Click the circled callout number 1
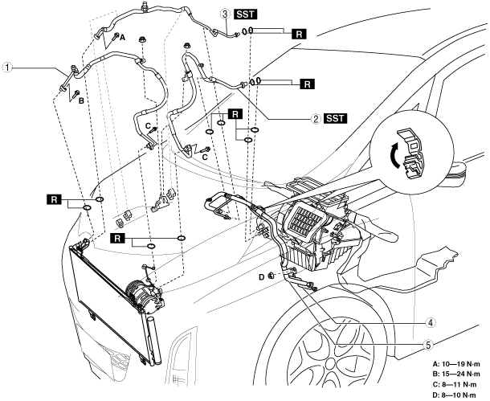(x=7, y=68)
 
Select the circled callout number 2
(x=316, y=119)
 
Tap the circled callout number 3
(x=226, y=14)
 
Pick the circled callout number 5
(x=428, y=345)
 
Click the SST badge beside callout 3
(x=246, y=14)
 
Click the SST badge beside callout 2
(x=335, y=118)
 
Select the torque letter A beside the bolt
(x=122, y=38)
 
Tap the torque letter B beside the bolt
(x=81, y=100)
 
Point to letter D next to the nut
(x=262, y=276)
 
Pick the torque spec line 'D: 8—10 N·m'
(x=455, y=395)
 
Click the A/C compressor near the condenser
(x=145, y=297)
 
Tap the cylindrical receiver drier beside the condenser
(x=154, y=341)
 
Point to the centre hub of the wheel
(x=331, y=364)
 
